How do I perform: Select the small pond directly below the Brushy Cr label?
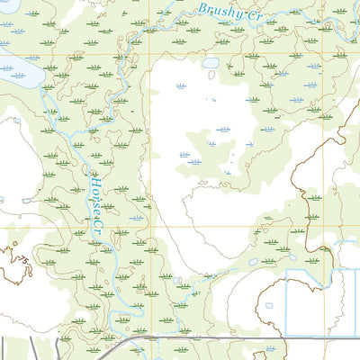coord(211,64)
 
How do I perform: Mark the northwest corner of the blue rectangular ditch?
coord(286,270)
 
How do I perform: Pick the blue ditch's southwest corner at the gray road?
coord(286,337)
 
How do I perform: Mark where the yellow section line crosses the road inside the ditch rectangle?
coord(325,337)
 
